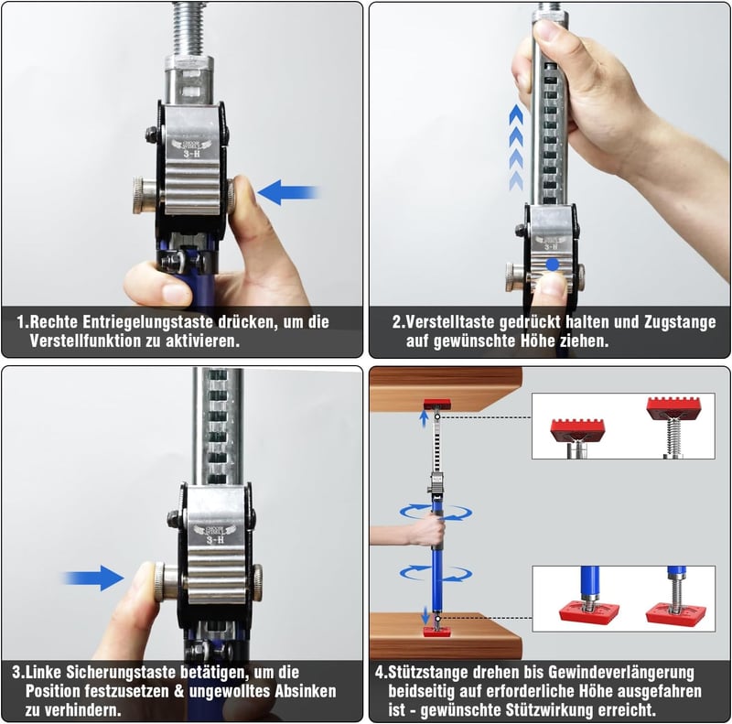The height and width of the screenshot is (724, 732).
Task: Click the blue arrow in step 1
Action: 288,192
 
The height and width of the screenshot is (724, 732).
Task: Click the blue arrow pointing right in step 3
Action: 93,578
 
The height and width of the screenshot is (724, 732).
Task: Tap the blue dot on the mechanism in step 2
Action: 553,265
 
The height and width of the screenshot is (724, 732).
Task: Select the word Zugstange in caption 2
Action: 680,321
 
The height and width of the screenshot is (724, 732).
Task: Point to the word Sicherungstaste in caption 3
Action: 123,672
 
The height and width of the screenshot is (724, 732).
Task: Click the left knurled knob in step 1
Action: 145,195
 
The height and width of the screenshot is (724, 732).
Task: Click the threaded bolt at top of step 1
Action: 188,29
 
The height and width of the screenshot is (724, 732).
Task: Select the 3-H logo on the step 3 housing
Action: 215,535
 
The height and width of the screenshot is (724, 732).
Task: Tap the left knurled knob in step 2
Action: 514,277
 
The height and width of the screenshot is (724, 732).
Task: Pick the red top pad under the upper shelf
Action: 437,405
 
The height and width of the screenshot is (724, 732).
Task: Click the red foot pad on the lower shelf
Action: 437,632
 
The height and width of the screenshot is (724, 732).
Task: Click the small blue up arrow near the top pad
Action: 424,418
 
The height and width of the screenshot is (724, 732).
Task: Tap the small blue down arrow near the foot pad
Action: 425,615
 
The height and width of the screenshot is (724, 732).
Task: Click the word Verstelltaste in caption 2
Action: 450,321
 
